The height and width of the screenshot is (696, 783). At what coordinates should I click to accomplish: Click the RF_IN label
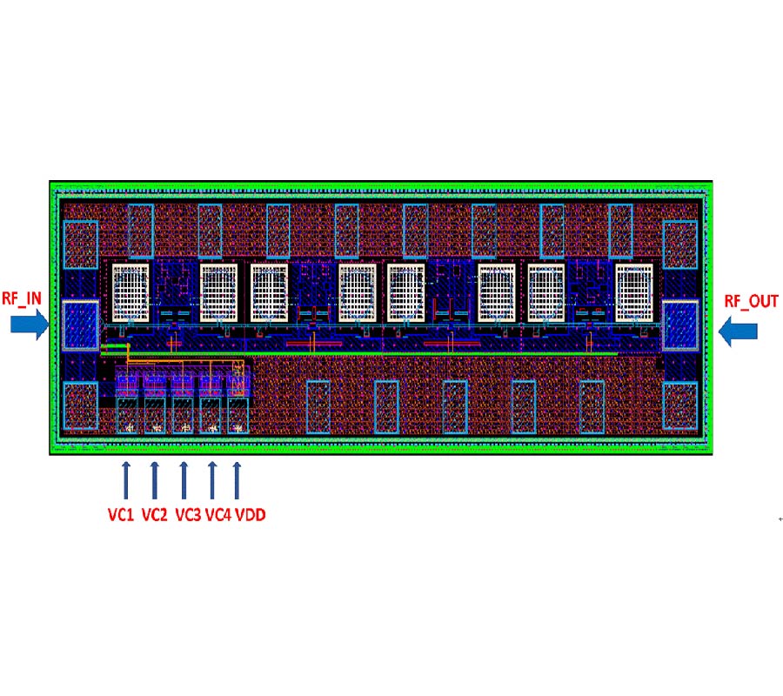click(x=22, y=298)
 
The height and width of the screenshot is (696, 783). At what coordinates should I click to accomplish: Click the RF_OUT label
click(x=751, y=301)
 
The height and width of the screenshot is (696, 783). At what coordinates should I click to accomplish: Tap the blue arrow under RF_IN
click(x=30, y=324)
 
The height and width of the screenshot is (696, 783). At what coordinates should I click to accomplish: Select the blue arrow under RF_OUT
click(x=738, y=331)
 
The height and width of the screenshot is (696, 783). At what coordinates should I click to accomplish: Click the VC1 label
click(x=121, y=515)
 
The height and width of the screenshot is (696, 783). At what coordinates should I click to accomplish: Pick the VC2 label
click(x=154, y=515)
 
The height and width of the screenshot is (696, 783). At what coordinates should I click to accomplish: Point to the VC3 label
click(x=188, y=515)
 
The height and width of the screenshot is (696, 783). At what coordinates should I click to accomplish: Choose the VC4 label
click(x=218, y=515)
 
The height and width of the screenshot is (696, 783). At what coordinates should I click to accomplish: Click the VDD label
click(x=251, y=515)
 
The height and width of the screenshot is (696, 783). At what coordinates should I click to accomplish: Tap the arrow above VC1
click(x=126, y=480)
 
